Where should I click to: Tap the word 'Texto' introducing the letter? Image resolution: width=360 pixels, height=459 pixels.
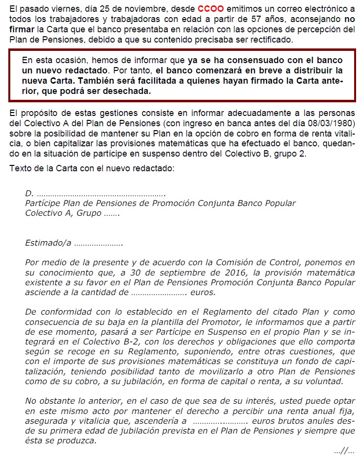(x=21, y=169)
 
